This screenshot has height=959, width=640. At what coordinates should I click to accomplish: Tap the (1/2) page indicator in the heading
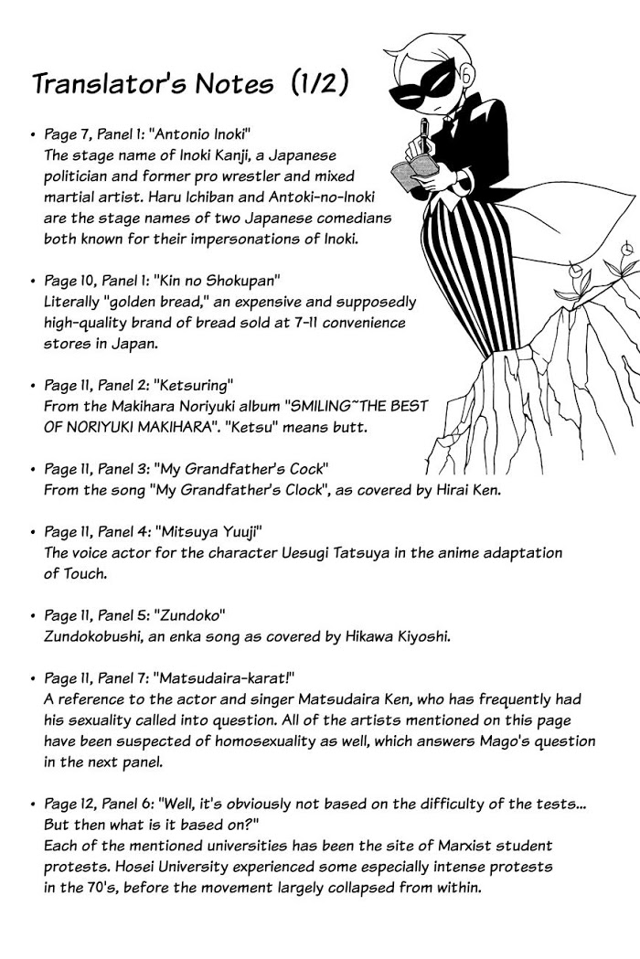click(x=320, y=83)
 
